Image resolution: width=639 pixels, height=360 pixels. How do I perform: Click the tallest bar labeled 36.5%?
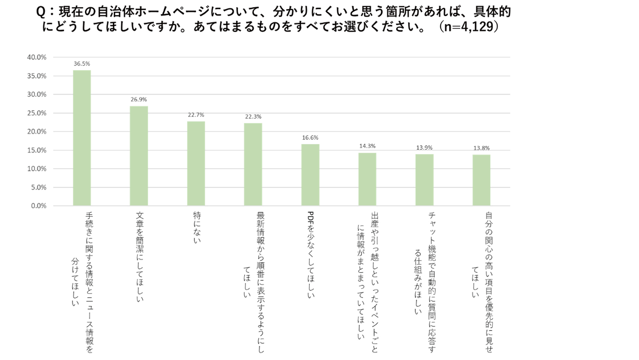pyautogui.click(x=82, y=138)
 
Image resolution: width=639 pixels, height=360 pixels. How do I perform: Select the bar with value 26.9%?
pyautogui.click(x=139, y=156)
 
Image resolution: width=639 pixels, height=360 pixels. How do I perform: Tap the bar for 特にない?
pyautogui.click(x=196, y=163)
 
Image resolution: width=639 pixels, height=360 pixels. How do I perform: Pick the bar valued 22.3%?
pyautogui.click(x=253, y=164)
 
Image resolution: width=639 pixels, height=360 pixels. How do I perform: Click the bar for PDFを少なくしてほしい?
pyautogui.click(x=310, y=175)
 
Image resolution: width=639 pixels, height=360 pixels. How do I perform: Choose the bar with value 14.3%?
pyautogui.click(x=367, y=179)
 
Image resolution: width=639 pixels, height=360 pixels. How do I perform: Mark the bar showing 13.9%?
pyautogui.click(x=424, y=180)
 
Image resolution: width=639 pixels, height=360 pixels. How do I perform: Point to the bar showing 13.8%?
pyautogui.click(x=481, y=180)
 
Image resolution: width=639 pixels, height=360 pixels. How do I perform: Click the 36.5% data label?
pyautogui.click(x=82, y=64)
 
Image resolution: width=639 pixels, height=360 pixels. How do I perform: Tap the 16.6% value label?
pyautogui.click(x=310, y=138)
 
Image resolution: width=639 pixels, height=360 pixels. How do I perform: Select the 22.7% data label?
pyautogui.click(x=196, y=115)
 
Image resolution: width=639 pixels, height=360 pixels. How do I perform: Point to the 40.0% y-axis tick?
pyautogui.click(x=37, y=57)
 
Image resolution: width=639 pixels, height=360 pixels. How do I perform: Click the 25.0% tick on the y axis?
pyautogui.click(x=37, y=113)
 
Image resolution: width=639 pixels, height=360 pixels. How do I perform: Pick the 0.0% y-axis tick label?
pyautogui.click(x=38, y=206)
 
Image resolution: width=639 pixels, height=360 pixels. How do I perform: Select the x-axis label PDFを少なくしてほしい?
pyautogui.click(x=311, y=254)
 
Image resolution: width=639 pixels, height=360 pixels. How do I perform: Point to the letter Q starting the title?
pyautogui.click(x=41, y=12)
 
